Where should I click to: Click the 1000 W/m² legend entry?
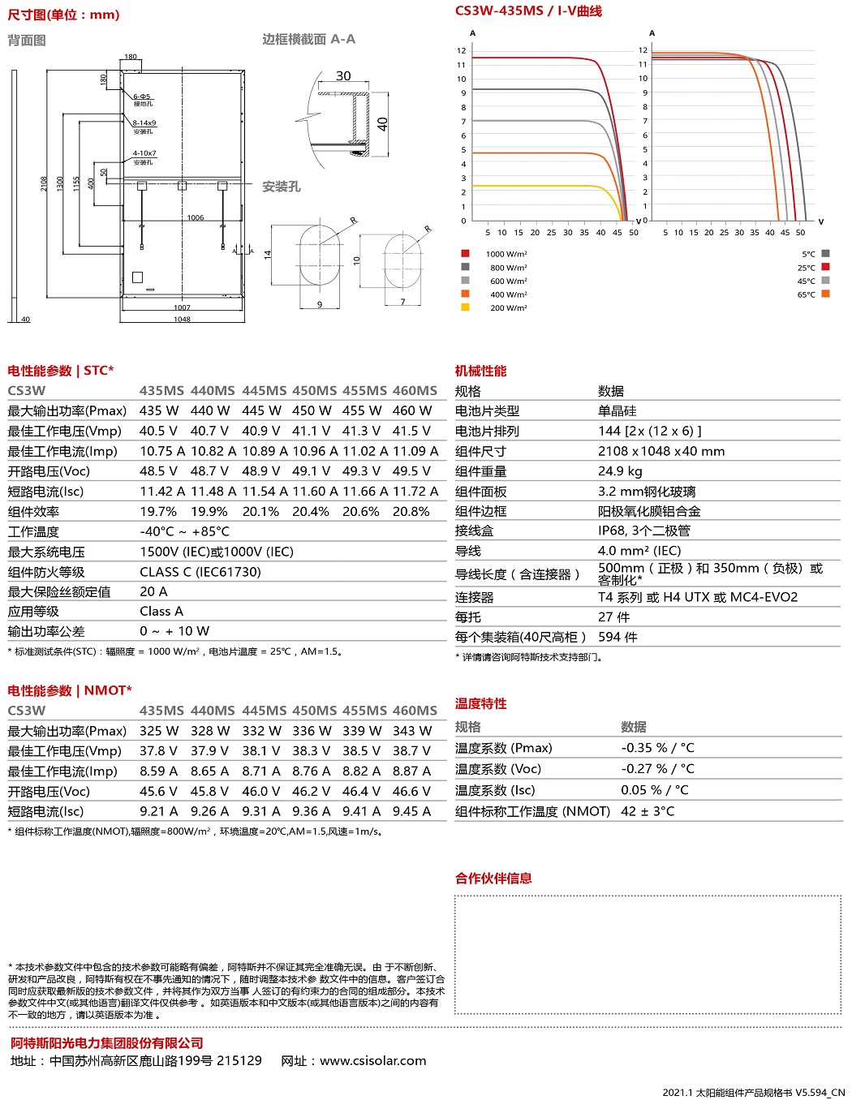point(506,254)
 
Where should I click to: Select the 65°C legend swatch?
point(825,294)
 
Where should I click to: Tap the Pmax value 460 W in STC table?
point(412,410)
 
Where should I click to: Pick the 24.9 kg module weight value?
point(620,471)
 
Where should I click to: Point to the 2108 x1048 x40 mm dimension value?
point(661,451)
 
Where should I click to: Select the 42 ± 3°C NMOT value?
point(648,811)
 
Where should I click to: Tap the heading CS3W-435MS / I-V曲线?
point(528,11)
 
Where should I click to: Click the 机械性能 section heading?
point(480,371)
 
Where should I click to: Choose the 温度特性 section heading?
point(480,703)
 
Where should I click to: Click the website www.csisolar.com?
point(372,1061)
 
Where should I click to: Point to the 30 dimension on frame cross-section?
point(343,76)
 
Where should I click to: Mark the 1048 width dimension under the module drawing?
point(182,319)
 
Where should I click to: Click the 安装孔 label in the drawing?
point(281,187)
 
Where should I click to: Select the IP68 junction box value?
point(644,531)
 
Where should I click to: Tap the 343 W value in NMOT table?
point(412,731)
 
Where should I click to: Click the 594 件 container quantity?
point(617,638)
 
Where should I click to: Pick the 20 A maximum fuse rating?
point(153,592)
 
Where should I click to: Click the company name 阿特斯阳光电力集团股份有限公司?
point(107,1043)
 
